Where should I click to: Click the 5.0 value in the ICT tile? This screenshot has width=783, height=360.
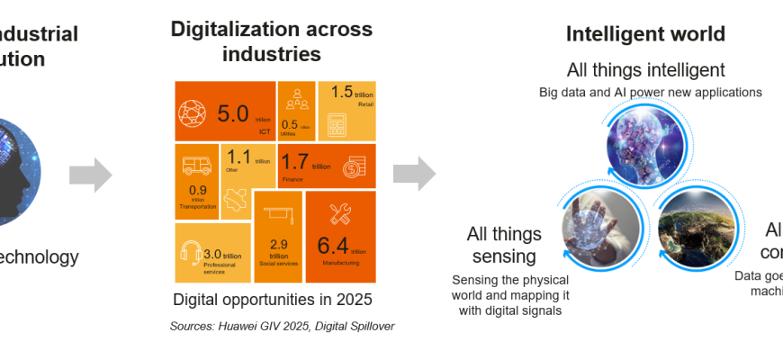(233, 113)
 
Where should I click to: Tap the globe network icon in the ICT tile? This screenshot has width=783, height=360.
(193, 112)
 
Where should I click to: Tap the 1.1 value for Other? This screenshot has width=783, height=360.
(238, 157)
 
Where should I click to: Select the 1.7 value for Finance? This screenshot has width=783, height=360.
(295, 163)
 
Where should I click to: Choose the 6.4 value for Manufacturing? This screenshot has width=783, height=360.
(333, 245)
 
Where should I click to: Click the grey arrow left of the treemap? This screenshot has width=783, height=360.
(90, 174)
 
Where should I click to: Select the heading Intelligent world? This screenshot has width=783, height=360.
(645, 34)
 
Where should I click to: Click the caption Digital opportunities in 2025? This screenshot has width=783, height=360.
(272, 299)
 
